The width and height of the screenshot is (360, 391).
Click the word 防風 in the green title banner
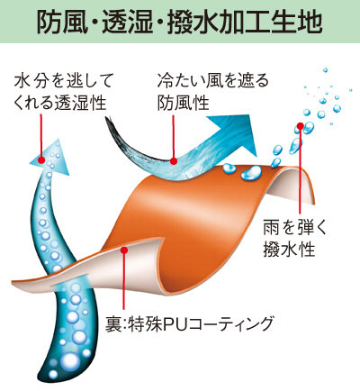coord(62,22)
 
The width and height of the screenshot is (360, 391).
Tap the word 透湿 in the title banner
coord(128,22)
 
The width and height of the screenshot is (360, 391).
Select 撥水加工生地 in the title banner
coord(245,22)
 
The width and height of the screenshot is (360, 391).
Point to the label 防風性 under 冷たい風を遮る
coord(183,103)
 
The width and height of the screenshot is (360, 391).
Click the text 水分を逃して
coord(63,80)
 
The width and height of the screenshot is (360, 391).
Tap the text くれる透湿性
coord(60,103)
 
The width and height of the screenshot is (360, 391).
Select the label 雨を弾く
coord(294,227)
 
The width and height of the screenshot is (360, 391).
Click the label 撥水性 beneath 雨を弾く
coord(289,250)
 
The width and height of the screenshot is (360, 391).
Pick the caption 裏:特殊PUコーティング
coord(189,324)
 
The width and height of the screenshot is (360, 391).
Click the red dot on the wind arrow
coord(174,161)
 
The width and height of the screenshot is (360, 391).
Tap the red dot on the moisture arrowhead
coord(41,159)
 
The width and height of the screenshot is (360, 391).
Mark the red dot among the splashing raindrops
coord(301,126)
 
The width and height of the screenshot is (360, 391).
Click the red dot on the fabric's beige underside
coord(124,250)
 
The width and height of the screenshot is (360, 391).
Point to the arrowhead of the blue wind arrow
coord(237,135)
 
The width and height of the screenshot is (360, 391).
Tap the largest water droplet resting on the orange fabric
coord(251,173)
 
